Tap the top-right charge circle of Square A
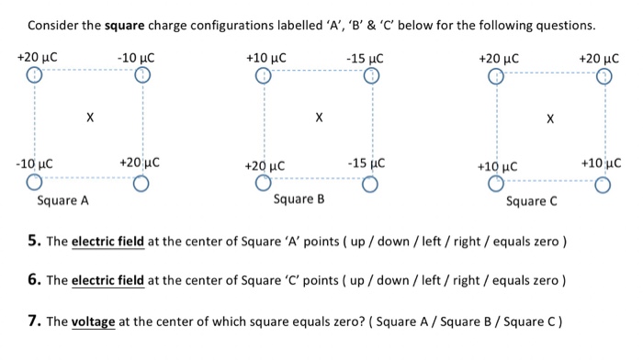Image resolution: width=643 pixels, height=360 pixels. click(141, 76)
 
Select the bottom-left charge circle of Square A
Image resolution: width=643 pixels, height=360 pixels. click(34, 183)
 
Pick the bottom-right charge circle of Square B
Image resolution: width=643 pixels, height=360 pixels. click(369, 184)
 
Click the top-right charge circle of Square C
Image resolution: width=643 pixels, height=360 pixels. click(602, 76)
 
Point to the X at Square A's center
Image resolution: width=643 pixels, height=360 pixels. click(89, 118)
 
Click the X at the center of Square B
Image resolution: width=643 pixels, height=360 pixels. click(318, 118)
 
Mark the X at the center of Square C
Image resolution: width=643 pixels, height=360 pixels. click(549, 118)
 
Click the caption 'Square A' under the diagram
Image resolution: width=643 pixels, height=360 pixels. click(62, 200)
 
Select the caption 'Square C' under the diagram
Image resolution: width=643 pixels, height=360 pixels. click(531, 201)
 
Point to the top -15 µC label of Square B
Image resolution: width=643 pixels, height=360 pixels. click(365, 59)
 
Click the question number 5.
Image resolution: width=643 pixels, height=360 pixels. click(33, 242)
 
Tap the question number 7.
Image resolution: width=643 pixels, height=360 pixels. click(33, 321)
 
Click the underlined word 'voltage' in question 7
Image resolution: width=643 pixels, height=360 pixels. click(92, 322)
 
